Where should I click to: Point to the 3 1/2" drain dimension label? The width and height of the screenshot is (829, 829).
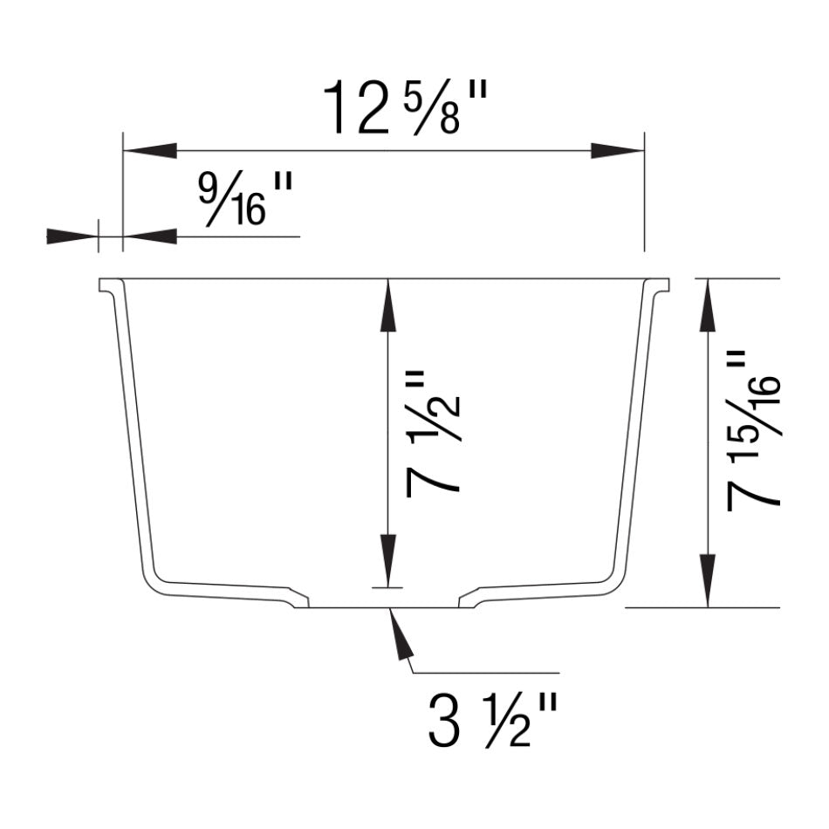point(491,719)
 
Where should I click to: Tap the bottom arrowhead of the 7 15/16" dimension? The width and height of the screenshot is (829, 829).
point(708,580)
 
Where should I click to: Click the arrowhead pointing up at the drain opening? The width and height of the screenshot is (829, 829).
point(398,633)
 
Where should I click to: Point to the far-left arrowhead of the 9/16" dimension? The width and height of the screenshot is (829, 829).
point(70,236)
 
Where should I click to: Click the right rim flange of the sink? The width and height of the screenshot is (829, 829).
point(661,286)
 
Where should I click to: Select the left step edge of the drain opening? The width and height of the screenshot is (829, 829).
point(301,599)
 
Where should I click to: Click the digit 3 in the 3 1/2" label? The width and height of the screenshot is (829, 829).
point(444,720)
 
